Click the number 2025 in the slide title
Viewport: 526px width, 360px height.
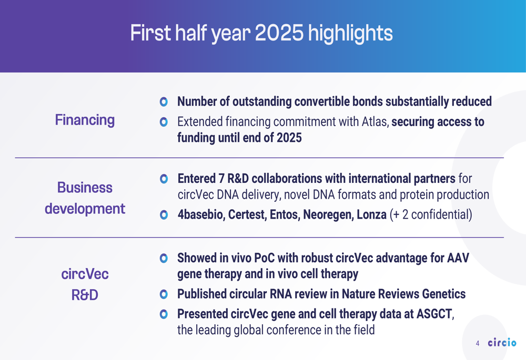[279, 33]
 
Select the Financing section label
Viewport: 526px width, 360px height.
[85, 120]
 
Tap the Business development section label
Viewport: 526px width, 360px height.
[85, 198]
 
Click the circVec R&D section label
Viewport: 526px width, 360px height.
[85, 284]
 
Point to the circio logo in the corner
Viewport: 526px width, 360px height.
[502, 342]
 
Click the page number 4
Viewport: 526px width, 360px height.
[478, 343]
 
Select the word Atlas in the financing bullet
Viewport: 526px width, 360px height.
[375, 122]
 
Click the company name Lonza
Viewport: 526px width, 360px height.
[371, 214]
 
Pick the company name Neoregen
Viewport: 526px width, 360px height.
[328, 215]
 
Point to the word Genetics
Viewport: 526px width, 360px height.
[444, 294]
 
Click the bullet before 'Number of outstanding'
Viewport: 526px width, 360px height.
[164, 101]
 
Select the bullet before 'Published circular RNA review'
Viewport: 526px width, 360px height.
[164, 294]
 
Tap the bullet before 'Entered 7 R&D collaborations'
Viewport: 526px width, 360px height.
[164, 179]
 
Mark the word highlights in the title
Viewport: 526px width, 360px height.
[350, 34]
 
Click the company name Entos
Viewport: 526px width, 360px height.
[285, 214]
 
